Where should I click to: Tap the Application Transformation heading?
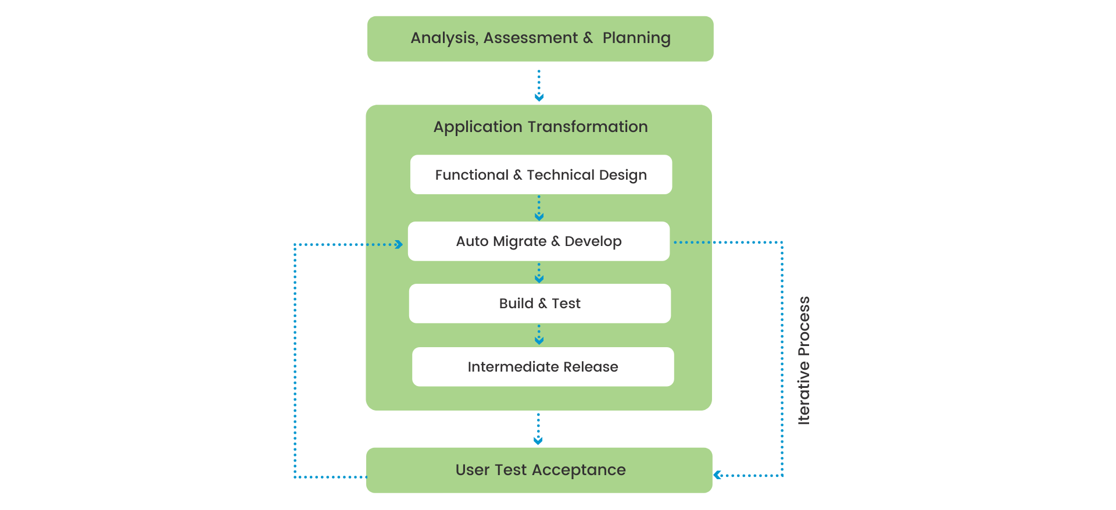[540, 127]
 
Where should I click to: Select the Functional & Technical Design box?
[541, 175]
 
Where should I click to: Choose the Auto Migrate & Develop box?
[538, 241]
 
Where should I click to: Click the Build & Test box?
[539, 304]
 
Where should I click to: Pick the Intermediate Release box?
[542, 367]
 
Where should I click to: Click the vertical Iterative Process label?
[804, 361]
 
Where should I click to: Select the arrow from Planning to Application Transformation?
[539, 85]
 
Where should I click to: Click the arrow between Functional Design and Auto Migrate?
[539, 208]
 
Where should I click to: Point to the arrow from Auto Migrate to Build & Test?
[539, 273]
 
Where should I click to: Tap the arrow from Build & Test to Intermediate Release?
[539, 335]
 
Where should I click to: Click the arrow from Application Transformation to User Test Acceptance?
[538, 429]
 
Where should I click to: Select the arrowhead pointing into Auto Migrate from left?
[399, 244]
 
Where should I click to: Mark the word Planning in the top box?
[636, 38]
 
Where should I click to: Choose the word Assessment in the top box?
[531, 38]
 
